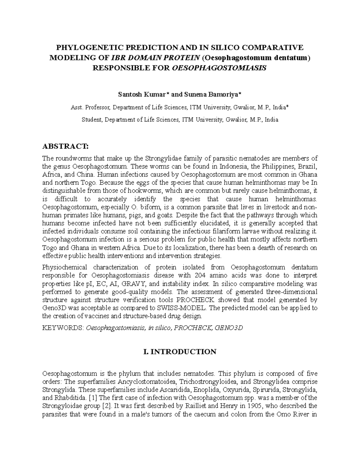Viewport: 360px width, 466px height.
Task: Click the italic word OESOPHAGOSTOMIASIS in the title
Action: pyautogui.click(x=219, y=68)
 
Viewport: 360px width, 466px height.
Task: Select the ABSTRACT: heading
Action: pyautogui.click(x=65, y=146)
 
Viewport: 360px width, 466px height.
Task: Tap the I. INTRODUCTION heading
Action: pyautogui.click(x=180, y=352)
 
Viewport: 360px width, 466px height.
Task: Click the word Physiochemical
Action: pyautogui.click(x=65, y=267)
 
